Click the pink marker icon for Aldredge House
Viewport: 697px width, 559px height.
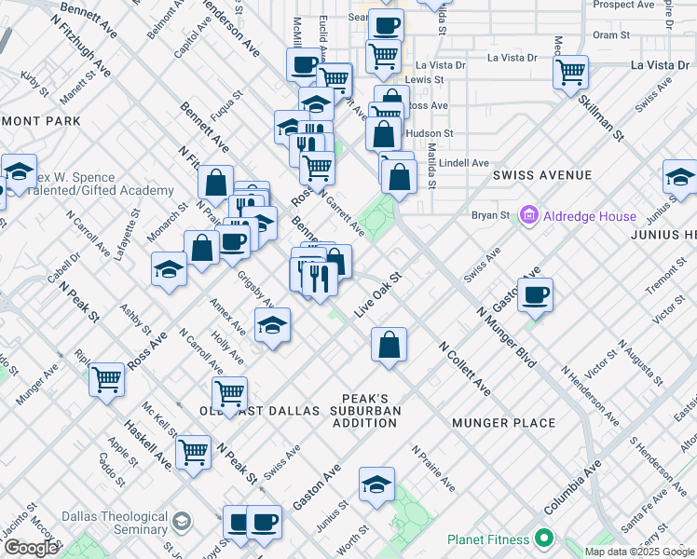coord(529,216)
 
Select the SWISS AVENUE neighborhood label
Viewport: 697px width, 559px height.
coord(541,175)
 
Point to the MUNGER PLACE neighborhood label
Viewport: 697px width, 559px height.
coord(504,423)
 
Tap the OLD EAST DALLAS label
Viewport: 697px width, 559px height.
coord(261,411)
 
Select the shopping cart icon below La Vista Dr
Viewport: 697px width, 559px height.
coord(570,72)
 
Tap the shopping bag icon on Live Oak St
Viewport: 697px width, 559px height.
coord(389,345)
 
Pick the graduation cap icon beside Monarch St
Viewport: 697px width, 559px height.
coord(169,269)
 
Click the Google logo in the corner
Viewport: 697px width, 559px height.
coord(30,549)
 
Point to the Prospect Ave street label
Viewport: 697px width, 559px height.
coord(624,5)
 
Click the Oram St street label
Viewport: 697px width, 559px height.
coord(611,34)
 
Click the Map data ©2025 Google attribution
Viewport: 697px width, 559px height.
coord(639,552)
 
